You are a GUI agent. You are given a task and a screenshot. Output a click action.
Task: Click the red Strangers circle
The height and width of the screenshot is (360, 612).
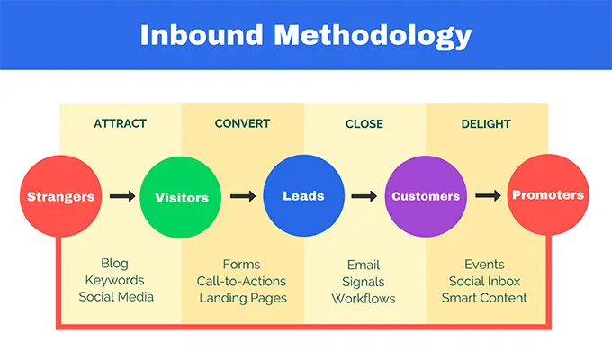[59, 196]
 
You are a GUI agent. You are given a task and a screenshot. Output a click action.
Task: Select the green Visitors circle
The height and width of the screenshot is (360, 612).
[181, 196]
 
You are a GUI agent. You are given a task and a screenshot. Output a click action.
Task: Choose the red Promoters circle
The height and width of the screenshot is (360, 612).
[547, 195]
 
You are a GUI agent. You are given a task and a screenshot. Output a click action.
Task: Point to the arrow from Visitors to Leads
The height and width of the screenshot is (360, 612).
[242, 196]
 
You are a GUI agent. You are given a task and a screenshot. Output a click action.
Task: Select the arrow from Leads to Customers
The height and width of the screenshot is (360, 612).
[364, 196]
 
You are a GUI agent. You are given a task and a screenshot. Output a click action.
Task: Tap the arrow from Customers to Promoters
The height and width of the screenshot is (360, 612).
[487, 196]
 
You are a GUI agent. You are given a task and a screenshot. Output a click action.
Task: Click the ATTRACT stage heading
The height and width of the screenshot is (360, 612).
[120, 123]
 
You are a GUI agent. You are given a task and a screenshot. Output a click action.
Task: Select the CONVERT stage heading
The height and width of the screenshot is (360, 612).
[242, 123]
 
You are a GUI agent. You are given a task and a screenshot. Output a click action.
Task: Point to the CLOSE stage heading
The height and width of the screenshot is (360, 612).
[364, 123]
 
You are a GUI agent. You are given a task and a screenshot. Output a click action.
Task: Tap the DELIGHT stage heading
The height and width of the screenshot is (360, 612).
[486, 123]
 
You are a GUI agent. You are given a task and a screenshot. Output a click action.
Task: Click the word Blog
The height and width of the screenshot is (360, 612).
[115, 265]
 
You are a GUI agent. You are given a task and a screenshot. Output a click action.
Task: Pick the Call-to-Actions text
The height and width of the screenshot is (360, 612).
[241, 281]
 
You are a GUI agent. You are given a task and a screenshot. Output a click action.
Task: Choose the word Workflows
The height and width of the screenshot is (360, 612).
[364, 298]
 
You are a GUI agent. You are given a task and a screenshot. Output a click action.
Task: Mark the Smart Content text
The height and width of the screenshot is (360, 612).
[484, 298]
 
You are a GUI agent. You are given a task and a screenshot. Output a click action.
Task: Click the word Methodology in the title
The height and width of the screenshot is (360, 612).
[373, 35]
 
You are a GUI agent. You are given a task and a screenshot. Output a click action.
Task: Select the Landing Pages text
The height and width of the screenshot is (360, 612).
[243, 298]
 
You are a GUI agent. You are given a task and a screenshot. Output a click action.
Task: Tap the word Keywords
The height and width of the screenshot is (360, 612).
[115, 281]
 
